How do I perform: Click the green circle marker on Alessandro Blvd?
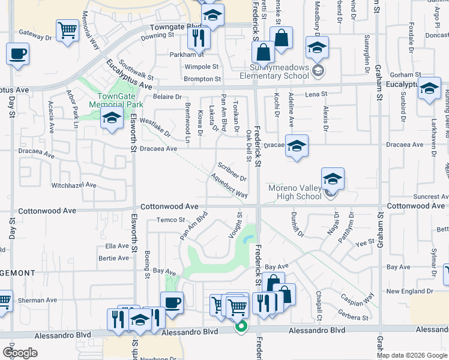tap(241, 327)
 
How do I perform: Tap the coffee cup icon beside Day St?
tap(18, 54)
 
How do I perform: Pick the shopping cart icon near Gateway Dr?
tap(68, 29)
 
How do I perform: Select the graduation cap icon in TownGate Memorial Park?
tap(112, 119)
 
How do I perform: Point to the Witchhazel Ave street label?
tap(74, 185)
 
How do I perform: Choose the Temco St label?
tap(170, 220)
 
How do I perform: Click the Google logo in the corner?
tap(20, 353)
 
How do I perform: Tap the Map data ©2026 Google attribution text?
tap(412, 355)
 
